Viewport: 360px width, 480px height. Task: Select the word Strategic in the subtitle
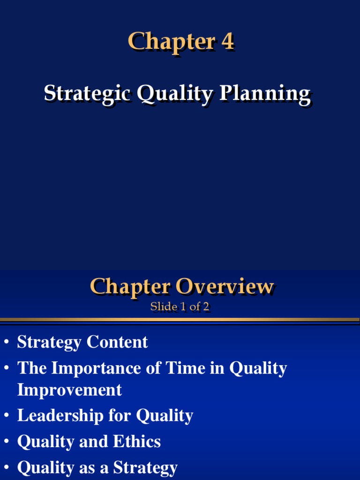(x=88, y=93)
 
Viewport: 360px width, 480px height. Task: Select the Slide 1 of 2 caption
(x=180, y=307)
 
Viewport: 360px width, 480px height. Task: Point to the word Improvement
(x=69, y=390)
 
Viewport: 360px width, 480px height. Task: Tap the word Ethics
(x=137, y=442)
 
